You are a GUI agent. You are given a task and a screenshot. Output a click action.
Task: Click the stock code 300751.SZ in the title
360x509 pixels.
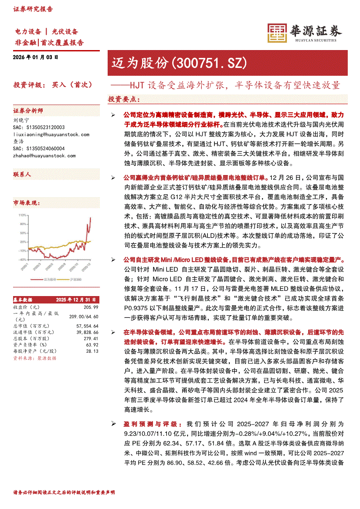click(x=210, y=63)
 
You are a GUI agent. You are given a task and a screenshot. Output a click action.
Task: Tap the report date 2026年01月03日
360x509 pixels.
click(x=36, y=57)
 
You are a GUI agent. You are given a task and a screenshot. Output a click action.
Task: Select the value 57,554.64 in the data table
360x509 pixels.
click(x=87, y=325)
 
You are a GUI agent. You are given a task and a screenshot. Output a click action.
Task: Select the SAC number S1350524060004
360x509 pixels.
click(x=39, y=148)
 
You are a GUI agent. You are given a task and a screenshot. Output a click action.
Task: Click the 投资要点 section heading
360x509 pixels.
click(x=124, y=99)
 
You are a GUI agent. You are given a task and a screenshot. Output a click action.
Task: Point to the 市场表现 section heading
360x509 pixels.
click(x=26, y=203)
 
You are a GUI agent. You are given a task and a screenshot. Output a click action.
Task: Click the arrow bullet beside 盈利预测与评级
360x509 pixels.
click(x=113, y=424)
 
